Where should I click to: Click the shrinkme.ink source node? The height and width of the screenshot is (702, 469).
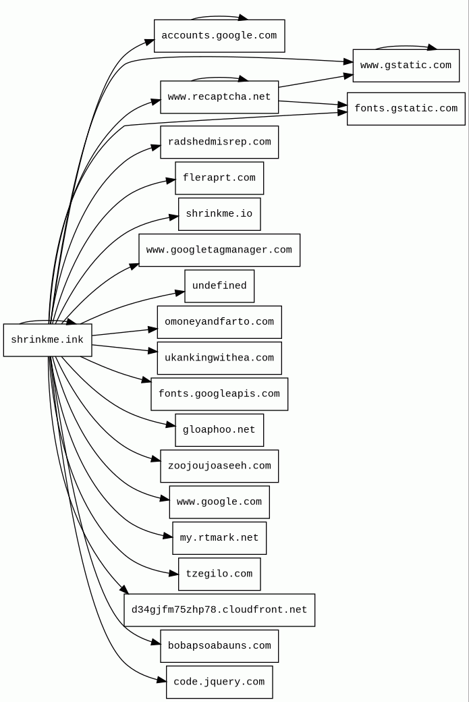[47, 340]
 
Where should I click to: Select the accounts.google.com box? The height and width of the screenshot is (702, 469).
[219, 36]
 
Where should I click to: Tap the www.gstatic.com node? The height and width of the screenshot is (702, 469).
[406, 65]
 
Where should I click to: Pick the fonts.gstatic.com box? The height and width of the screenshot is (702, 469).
[406, 109]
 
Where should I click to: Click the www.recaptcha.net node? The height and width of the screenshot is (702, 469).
[219, 97]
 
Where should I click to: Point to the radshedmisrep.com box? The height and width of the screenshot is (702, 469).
[219, 142]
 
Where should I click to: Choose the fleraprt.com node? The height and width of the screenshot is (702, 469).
[219, 178]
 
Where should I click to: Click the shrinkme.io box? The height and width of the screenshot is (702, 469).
[219, 214]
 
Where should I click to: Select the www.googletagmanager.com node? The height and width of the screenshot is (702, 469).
[219, 250]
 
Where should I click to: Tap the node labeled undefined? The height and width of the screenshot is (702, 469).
[219, 286]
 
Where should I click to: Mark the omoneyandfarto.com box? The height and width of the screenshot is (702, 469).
[219, 322]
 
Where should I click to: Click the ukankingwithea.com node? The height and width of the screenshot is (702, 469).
[219, 358]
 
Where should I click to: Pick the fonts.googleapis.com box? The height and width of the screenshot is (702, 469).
[219, 394]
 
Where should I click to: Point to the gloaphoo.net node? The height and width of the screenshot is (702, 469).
[219, 430]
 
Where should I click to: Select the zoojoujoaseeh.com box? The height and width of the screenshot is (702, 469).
[219, 466]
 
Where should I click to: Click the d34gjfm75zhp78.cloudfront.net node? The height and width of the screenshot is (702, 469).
[219, 610]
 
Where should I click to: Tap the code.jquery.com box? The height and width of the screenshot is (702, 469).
[219, 682]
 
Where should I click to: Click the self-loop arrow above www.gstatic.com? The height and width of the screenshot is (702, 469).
[405, 47]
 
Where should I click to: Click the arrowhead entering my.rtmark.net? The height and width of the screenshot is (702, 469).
[168, 537]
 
